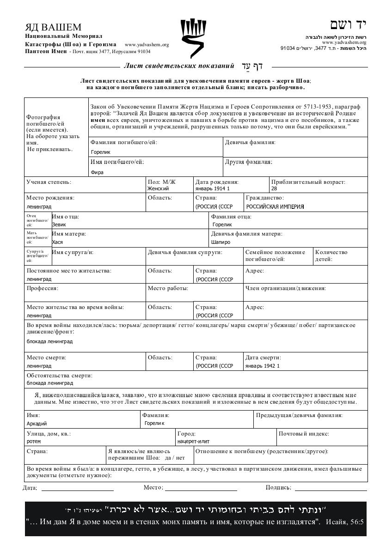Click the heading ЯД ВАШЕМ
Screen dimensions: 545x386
(x=53, y=27)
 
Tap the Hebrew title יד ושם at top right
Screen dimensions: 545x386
(x=348, y=25)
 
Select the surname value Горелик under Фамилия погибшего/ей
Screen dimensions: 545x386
(x=101, y=151)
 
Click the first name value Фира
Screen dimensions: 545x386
(x=97, y=172)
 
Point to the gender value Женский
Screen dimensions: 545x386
(x=158, y=188)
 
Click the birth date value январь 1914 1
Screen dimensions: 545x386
(x=212, y=188)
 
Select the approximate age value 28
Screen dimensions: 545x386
(x=274, y=188)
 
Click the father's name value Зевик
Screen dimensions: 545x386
(x=59, y=224)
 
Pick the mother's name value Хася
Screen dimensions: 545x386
(x=57, y=242)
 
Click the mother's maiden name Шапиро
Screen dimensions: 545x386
(x=221, y=242)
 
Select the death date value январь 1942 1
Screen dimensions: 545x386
(x=263, y=366)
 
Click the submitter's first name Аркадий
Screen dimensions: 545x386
(x=37, y=423)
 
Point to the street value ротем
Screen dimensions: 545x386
(x=34, y=441)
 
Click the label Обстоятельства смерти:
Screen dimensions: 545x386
(x=60, y=375)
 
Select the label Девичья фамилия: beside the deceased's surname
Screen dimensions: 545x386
(x=250, y=142)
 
